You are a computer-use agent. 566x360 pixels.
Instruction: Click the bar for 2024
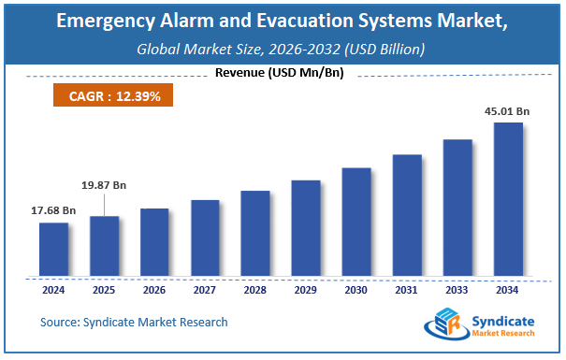click(53, 250)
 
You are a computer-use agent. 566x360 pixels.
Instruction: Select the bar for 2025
click(104, 246)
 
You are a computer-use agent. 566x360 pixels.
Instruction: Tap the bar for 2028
click(255, 234)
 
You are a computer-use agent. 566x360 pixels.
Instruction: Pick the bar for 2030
click(356, 222)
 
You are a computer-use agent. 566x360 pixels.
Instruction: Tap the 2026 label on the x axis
click(154, 291)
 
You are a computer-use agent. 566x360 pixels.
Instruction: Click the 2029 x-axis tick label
click(306, 291)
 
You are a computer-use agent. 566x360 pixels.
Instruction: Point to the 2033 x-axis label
click(457, 291)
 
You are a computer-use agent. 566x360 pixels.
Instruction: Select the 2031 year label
click(407, 291)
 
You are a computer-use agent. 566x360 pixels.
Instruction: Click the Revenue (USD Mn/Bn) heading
click(278, 74)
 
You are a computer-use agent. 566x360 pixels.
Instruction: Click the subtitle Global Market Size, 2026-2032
click(282, 48)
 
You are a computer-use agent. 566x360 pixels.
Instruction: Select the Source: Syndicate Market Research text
click(134, 323)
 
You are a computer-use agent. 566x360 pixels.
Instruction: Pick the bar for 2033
click(457, 208)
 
